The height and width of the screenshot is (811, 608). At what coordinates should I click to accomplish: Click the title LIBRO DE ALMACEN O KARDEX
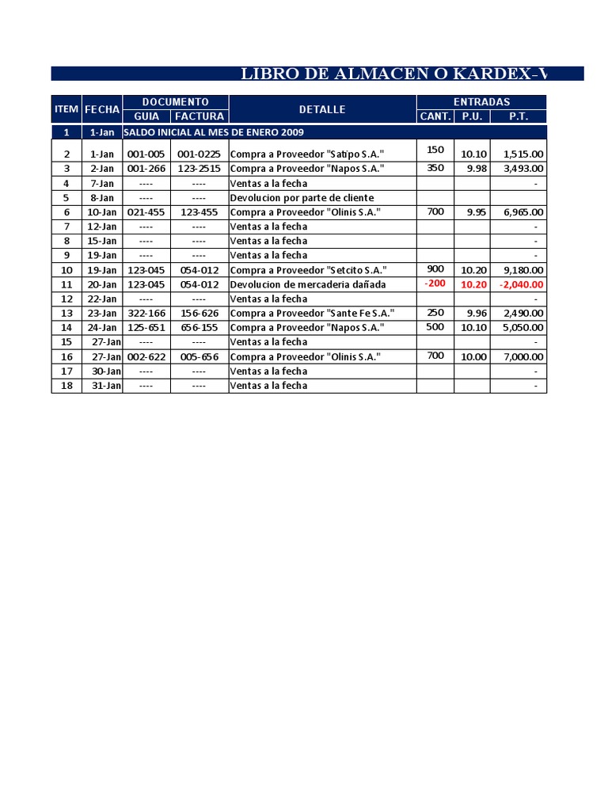(393, 74)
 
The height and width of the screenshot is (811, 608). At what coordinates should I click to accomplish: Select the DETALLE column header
(322, 109)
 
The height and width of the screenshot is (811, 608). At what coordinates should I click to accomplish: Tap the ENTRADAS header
(481, 102)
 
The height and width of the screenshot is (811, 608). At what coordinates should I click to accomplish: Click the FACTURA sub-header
(199, 116)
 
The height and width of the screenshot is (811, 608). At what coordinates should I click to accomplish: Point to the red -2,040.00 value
(519, 284)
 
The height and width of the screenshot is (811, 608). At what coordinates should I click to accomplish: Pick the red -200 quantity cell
(435, 283)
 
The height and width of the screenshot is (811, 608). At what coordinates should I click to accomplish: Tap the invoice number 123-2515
(199, 169)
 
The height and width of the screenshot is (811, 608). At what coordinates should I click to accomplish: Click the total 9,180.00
(519, 270)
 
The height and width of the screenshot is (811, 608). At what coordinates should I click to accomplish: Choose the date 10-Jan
(102, 212)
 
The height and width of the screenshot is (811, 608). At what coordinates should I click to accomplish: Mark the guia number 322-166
(146, 314)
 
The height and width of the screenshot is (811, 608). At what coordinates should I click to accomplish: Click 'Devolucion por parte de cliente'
(302, 198)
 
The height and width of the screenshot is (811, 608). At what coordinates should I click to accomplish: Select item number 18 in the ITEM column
(66, 386)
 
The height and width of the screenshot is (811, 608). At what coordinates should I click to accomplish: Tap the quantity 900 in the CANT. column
(435, 268)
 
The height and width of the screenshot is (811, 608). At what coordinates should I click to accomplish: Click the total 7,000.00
(519, 357)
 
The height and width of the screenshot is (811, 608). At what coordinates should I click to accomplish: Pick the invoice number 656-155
(199, 328)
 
